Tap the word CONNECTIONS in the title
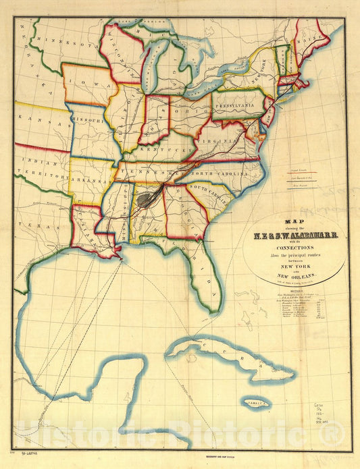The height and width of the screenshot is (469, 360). click(x=295, y=248)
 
